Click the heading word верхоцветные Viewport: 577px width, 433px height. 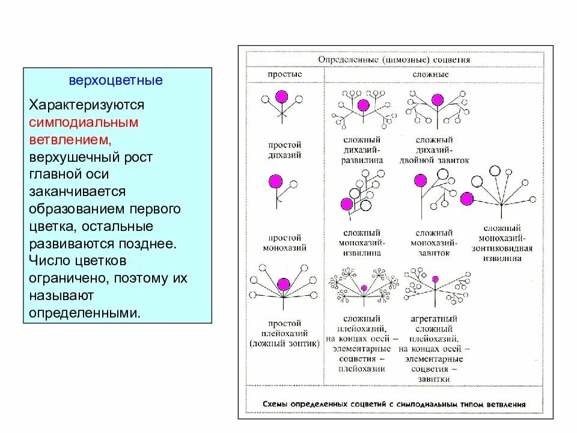click(x=115, y=80)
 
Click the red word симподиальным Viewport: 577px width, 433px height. click(x=84, y=121)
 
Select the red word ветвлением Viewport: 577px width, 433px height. click(x=69, y=139)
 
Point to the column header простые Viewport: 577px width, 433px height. click(x=284, y=75)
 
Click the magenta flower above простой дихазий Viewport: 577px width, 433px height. click(x=281, y=97)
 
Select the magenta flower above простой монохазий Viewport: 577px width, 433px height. click(x=275, y=180)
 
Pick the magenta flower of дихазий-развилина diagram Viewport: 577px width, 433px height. click(x=362, y=106)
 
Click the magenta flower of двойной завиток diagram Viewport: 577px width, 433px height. click(x=438, y=100)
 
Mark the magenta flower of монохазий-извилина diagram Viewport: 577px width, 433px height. click(x=346, y=204)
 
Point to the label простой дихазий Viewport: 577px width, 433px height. click(x=285, y=150)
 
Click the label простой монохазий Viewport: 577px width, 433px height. click(x=285, y=242)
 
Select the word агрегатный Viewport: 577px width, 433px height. click(x=434, y=319)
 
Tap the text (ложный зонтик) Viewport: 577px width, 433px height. click(x=284, y=343)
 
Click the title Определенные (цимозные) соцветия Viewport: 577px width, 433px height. click(x=394, y=60)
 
